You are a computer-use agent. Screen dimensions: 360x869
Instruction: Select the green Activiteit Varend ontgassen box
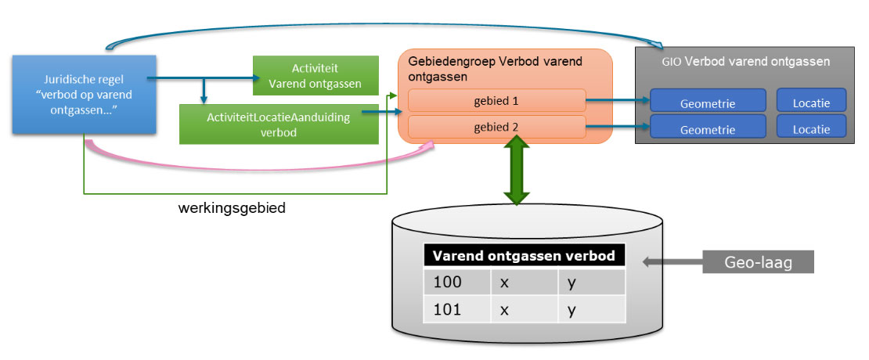[x=314, y=75]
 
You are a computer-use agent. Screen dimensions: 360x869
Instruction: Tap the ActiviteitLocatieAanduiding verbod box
[x=279, y=124]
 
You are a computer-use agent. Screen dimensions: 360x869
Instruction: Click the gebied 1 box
[x=496, y=100]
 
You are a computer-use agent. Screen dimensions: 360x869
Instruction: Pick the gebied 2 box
[x=496, y=127]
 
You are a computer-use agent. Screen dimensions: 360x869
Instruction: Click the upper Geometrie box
[x=707, y=101]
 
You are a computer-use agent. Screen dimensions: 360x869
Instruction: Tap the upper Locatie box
[x=811, y=100]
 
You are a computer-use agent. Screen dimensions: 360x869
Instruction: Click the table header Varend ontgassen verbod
[x=524, y=256]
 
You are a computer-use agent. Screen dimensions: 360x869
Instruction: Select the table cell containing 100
[x=457, y=282]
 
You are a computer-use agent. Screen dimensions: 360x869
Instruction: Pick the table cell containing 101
[x=457, y=310]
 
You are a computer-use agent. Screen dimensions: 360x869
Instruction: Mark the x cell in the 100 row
[x=524, y=282]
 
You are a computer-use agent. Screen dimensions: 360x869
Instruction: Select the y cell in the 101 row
[x=591, y=310]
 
